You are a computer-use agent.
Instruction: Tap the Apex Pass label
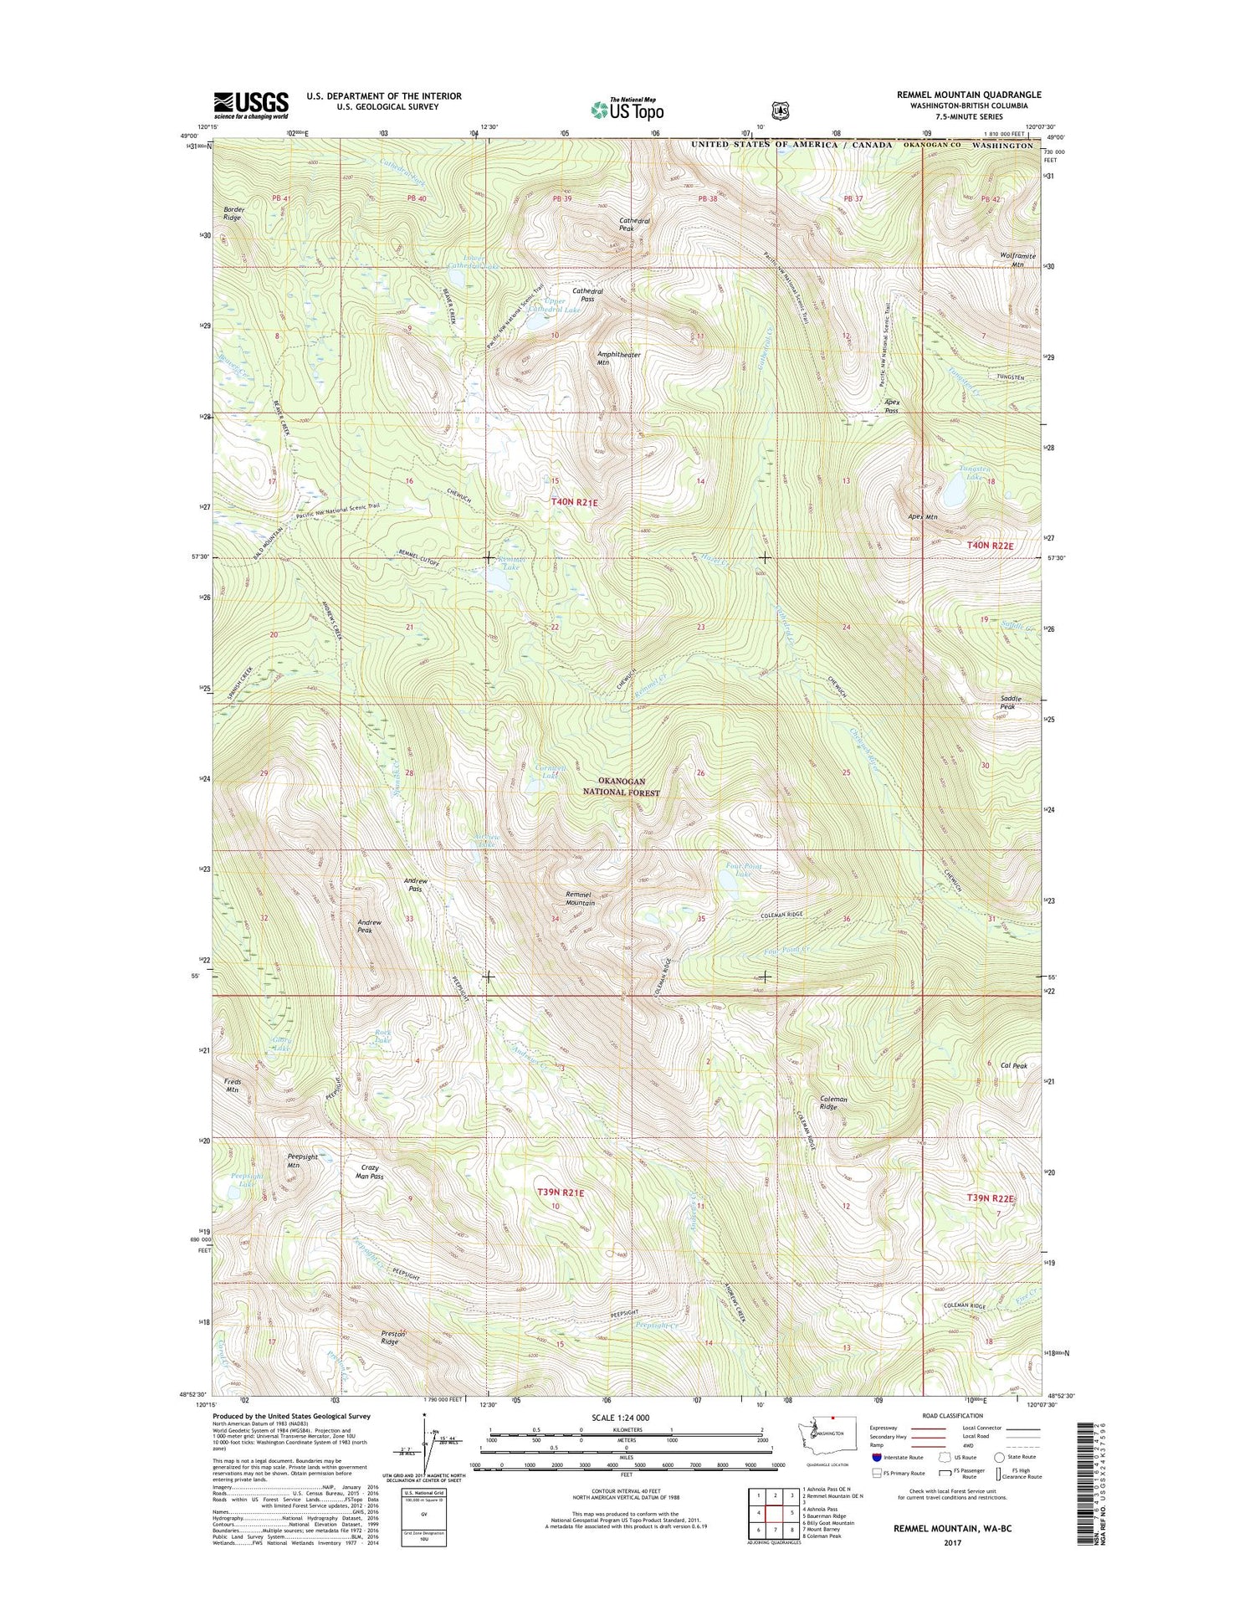click(x=892, y=407)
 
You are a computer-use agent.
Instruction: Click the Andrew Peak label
click(x=369, y=926)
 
